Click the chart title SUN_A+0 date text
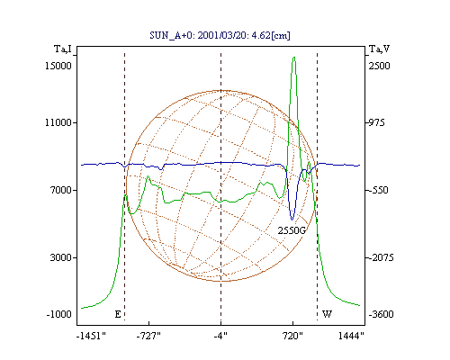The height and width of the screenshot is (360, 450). (220, 35)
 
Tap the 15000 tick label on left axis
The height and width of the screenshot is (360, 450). (58, 66)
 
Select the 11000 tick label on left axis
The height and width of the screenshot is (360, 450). (58, 122)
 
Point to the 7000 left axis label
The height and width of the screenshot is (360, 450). (61, 190)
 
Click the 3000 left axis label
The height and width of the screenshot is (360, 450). (61, 257)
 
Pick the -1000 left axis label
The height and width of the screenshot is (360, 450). (59, 314)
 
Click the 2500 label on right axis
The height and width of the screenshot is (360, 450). (379, 66)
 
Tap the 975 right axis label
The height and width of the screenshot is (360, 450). (376, 122)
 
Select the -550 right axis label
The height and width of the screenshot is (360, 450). (378, 190)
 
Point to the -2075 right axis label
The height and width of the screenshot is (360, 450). (381, 257)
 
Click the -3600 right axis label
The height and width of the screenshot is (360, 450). (381, 314)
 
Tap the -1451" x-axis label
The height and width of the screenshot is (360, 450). (91, 336)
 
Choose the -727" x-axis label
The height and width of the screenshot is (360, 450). (148, 336)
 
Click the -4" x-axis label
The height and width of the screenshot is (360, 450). (220, 336)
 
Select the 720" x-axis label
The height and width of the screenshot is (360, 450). (292, 336)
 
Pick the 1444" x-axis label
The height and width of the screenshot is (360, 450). (351, 336)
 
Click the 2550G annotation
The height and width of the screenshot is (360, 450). (292, 230)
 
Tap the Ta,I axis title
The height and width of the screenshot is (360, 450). (63, 49)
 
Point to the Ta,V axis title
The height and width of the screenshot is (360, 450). (379, 49)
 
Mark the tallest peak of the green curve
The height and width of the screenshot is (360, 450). (294, 57)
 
